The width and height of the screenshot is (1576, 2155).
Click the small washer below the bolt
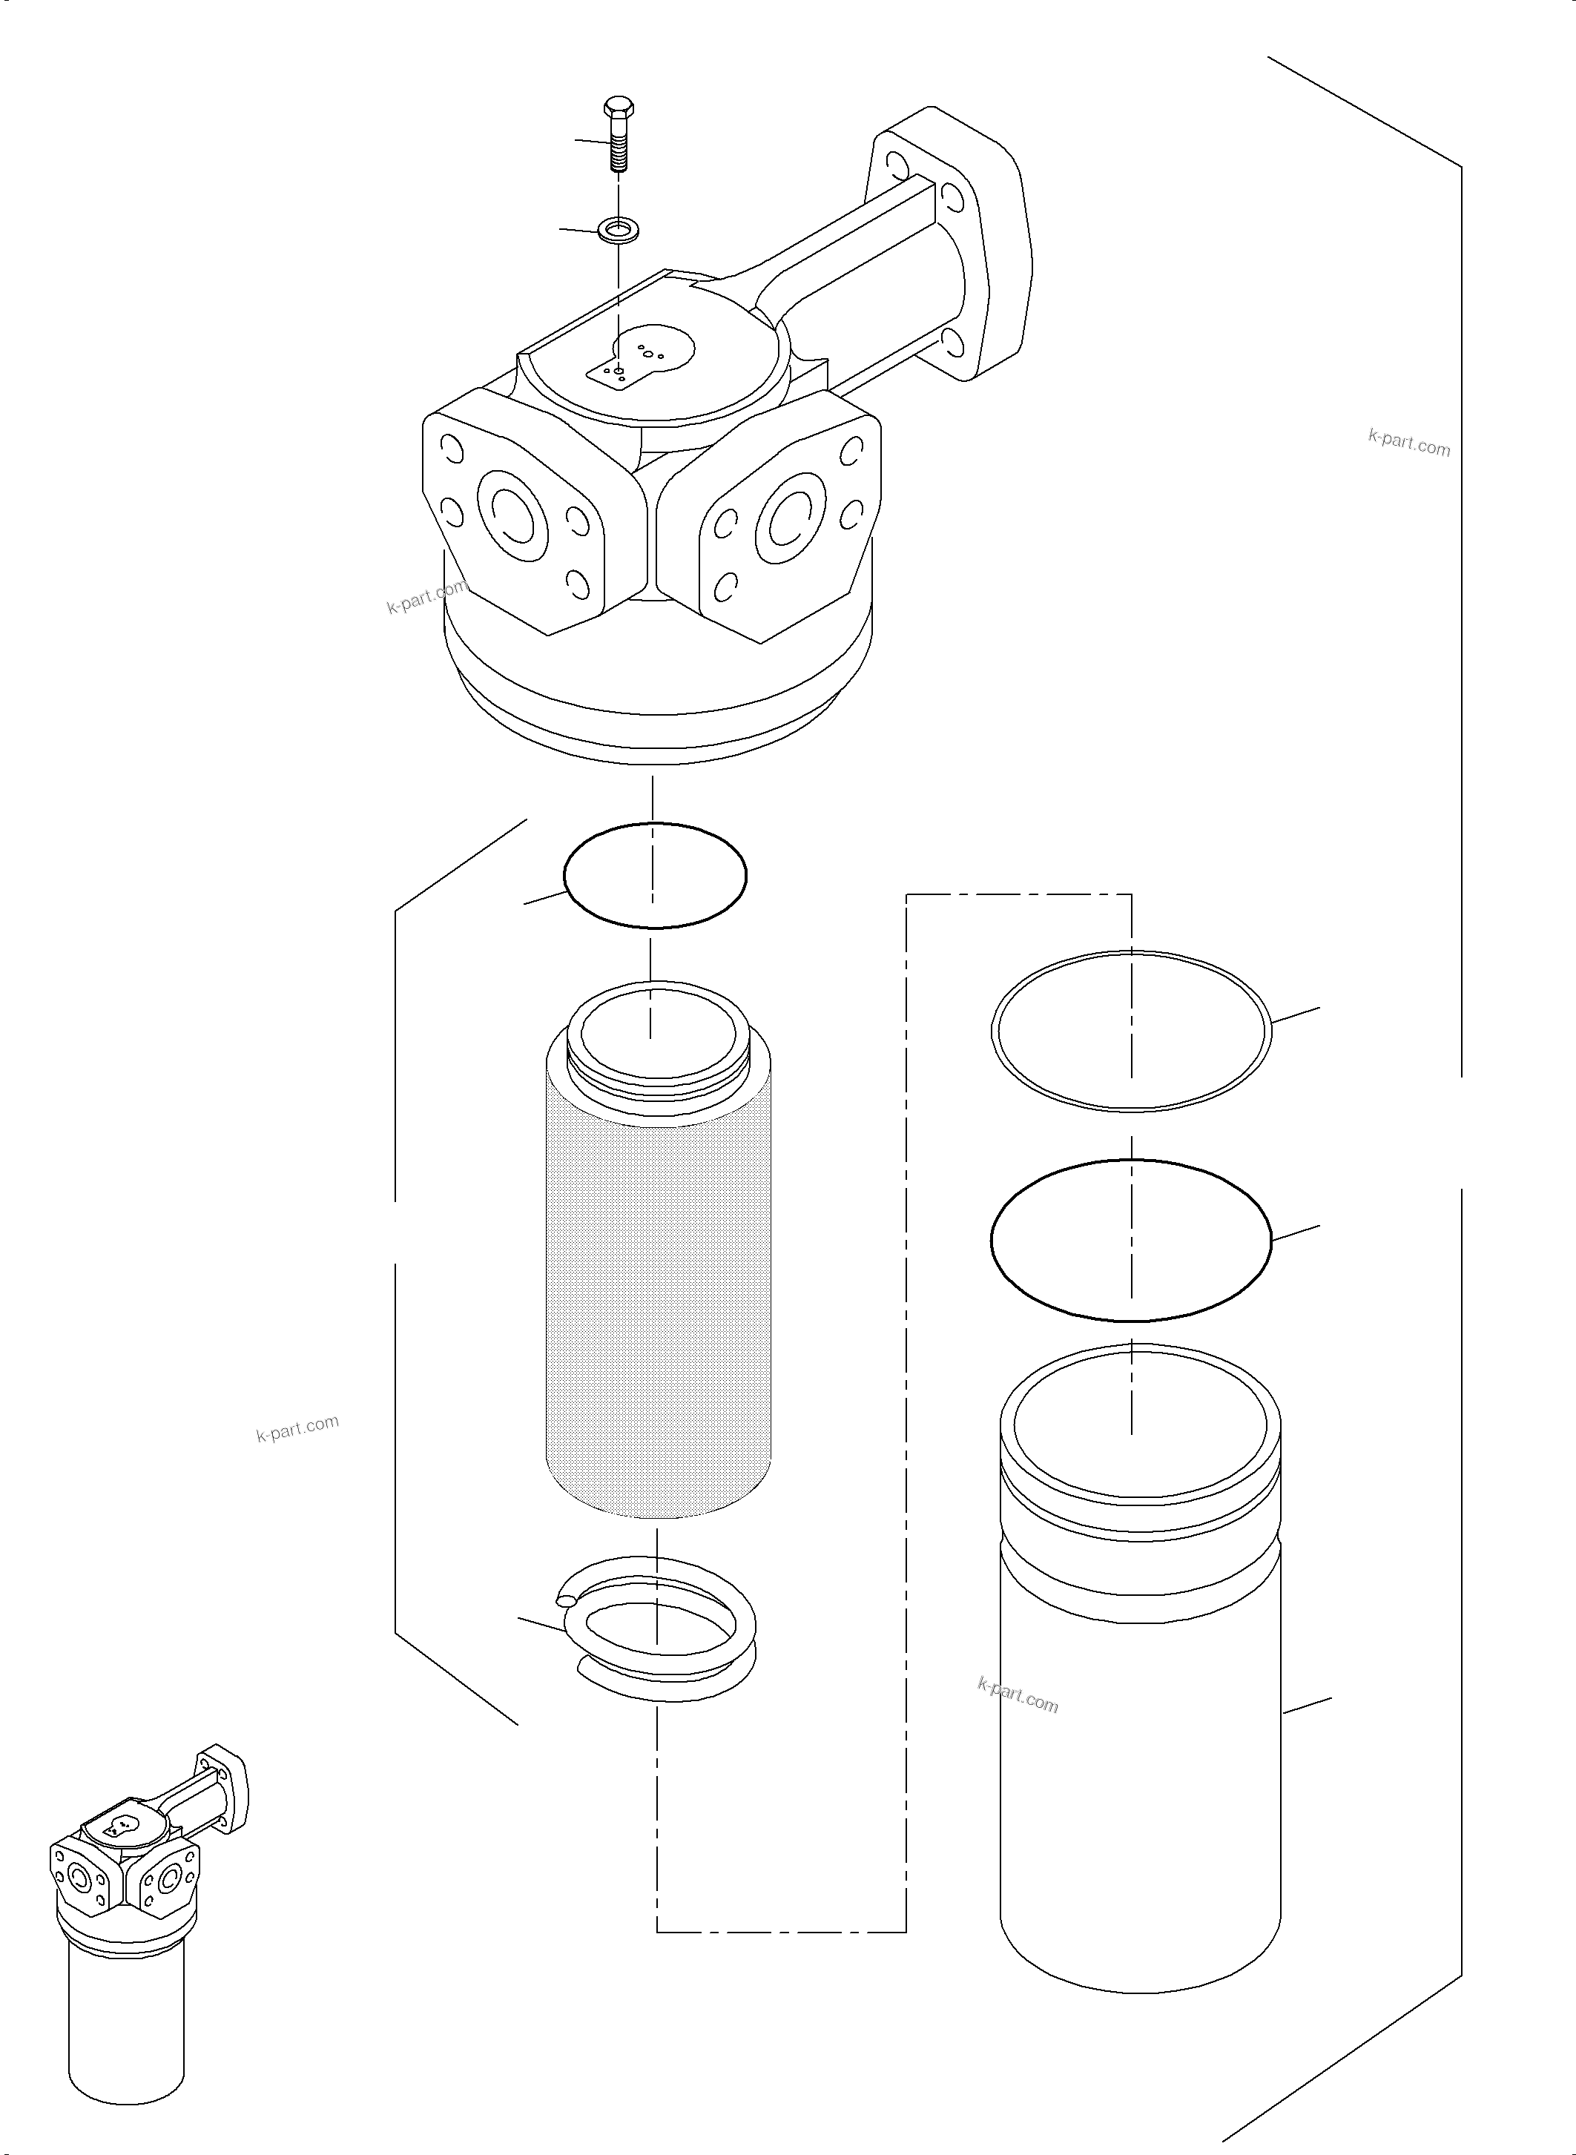(x=619, y=229)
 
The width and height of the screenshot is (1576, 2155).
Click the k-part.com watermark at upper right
(x=1408, y=443)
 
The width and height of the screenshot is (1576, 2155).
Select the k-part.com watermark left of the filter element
(x=297, y=1428)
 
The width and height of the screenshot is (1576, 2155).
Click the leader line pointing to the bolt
(x=592, y=141)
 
